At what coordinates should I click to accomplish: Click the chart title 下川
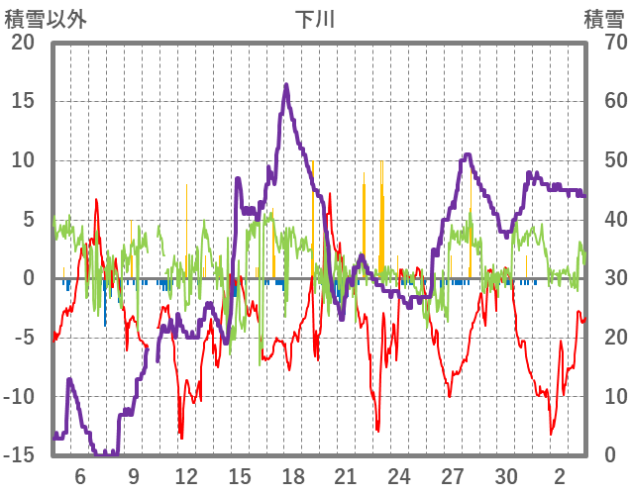pos(316,19)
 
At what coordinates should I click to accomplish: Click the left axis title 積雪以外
pos(45,19)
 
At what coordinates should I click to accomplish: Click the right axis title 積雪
pos(603,19)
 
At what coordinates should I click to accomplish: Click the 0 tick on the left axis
pos(29,278)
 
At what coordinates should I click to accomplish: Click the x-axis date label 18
pos(292,475)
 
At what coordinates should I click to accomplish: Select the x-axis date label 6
pos(80,475)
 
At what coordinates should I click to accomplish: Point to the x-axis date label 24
pos(399,475)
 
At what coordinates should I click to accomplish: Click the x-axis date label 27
pos(453,475)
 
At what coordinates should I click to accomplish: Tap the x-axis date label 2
pos(560,475)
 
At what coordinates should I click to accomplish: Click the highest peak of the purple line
pos(286,85)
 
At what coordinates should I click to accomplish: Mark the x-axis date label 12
pos(185,475)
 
